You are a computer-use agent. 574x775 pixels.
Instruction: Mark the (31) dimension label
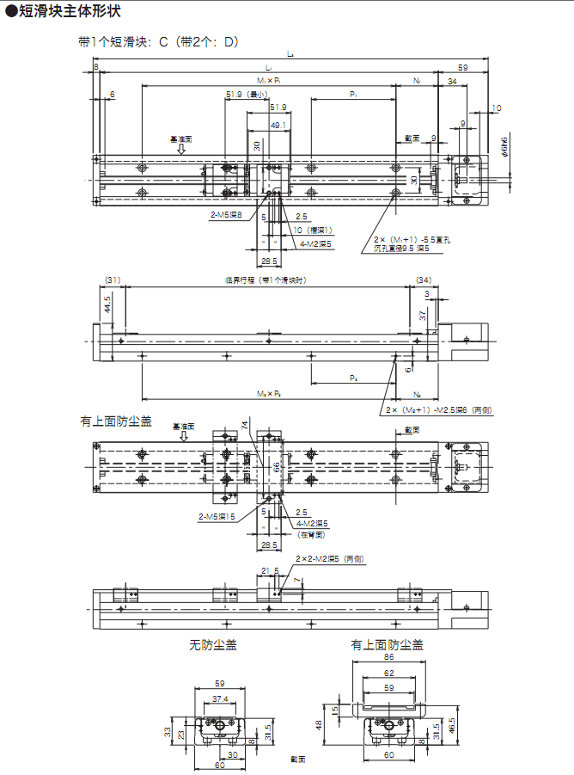[113, 280]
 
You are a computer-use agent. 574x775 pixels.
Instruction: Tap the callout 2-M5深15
[216, 516]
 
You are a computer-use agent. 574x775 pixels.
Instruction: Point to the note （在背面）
[311, 534]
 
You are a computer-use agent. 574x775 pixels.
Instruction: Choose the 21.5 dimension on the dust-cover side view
[270, 570]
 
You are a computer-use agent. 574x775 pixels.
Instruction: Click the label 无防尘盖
[213, 644]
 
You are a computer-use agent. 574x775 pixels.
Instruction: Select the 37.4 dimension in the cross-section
[220, 699]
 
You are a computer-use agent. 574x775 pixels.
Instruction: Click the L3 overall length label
[290, 54]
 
